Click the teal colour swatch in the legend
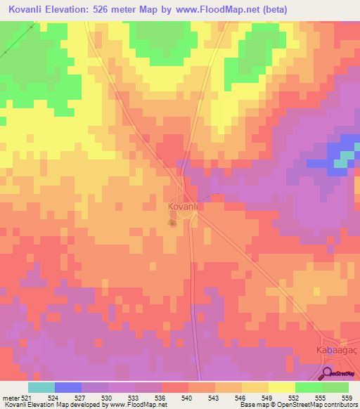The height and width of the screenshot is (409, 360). pos(41,387)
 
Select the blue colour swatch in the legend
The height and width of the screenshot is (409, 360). pos(67,387)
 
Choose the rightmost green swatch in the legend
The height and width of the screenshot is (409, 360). pos(335,387)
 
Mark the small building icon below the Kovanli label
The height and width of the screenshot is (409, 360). pos(172,223)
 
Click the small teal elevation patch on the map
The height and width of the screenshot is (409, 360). pos(340,163)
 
